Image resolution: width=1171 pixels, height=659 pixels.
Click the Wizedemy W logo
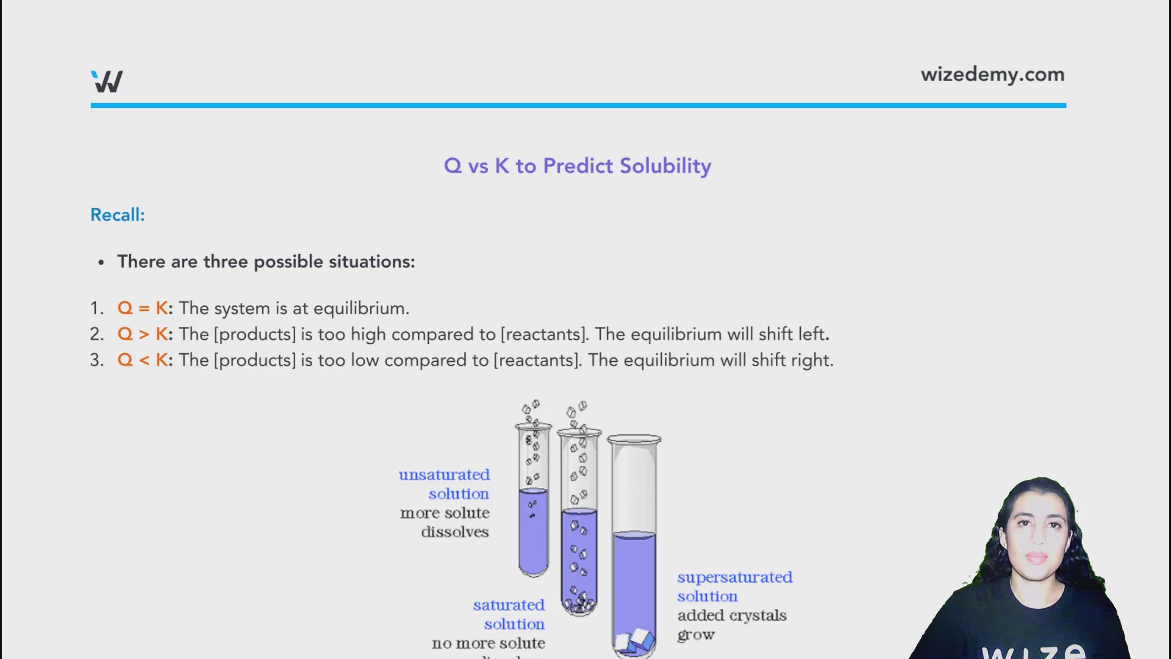(x=107, y=81)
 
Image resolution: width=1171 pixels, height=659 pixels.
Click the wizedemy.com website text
(x=992, y=74)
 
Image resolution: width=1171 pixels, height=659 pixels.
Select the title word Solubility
(x=665, y=166)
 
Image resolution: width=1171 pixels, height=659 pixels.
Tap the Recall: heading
(x=118, y=215)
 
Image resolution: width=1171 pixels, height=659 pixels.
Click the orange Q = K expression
(x=143, y=308)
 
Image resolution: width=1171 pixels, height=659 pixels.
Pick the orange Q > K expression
(x=143, y=334)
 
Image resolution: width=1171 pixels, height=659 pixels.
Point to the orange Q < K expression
(x=143, y=360)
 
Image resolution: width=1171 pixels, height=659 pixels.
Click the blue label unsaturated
(x=444, y=475)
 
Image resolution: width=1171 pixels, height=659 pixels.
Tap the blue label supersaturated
(x=734, y=577)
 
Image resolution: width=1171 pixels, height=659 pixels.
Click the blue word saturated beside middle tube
(x=509, y=605)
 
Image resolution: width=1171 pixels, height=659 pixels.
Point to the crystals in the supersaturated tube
(x=634, y=641)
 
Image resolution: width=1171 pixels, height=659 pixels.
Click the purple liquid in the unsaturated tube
(x=533, y=537)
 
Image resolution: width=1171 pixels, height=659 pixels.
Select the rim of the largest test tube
(x=634, y=439)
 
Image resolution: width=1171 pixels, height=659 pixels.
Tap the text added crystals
(x=732, y=616)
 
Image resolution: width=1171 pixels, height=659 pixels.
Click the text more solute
(x=445, y=513)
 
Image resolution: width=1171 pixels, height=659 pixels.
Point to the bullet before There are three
(x=101, y=262)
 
